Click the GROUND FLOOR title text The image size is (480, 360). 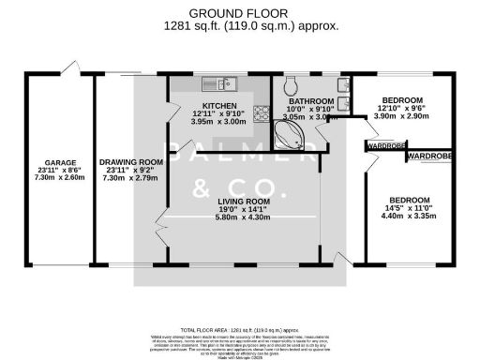pyautogui.click(x=239, y=12)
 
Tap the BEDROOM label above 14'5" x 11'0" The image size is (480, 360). pyautogui.click(x=410, y=200)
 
